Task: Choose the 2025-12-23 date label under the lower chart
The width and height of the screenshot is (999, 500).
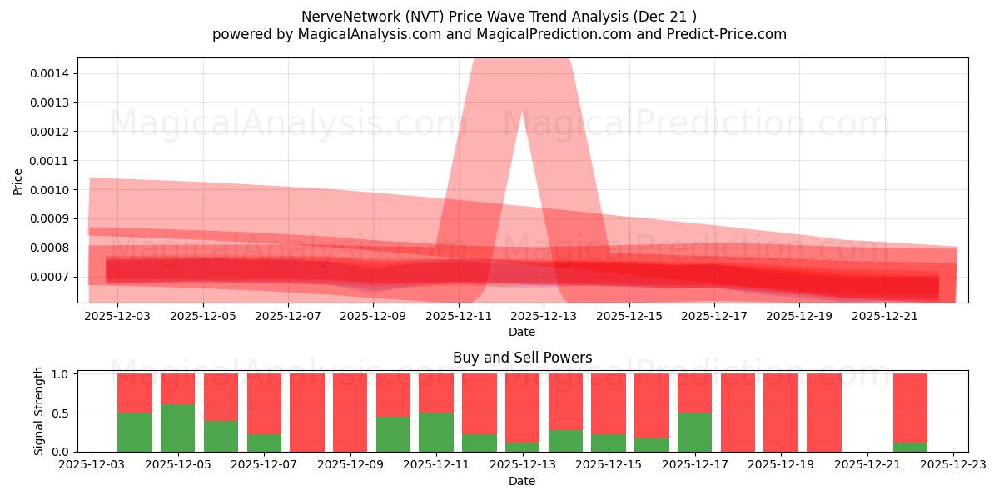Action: [x=953, y=466]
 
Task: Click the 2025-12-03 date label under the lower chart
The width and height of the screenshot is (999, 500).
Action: [x=92, y=466]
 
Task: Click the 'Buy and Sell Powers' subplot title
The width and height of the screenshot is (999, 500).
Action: [x=522, y=357]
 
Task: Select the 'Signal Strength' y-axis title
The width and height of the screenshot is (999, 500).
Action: [x=39, y=411]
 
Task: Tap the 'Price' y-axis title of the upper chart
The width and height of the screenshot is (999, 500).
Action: [x=18, y=181]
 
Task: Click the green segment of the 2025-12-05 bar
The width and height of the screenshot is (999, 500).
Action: [x=177, y=427]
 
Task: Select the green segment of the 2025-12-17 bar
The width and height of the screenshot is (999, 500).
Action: [x=694, y=432]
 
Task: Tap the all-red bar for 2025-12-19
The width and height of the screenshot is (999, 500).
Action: [x=781, y=412]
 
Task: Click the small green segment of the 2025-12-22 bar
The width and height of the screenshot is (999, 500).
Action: [x=910, y=447]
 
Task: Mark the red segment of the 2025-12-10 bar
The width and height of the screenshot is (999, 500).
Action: [x=393, y=394]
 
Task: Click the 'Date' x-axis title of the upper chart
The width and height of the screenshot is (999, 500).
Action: [x=522, y=332]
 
